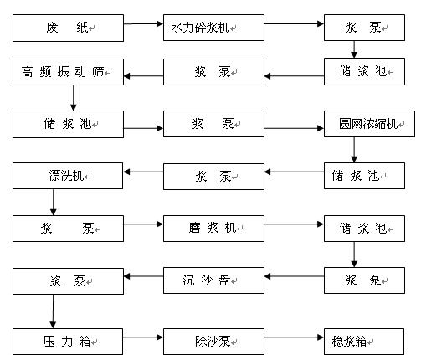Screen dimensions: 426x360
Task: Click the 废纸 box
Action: [68, 28]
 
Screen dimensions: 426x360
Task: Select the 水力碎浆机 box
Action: [213, 28]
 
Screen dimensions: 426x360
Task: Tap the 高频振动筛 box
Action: [68, 72]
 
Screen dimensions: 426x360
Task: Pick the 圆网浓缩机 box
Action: [369, 124]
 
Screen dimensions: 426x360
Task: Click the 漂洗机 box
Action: [68, 176]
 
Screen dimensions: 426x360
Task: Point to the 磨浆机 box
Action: [213, 229]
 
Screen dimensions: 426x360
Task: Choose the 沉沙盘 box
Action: [213, 280]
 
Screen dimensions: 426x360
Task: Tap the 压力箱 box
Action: [68, 342]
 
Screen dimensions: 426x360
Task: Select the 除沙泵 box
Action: [213, 342]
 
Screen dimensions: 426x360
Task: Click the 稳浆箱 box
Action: [364, 342]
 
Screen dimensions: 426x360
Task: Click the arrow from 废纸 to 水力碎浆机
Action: [143, 24]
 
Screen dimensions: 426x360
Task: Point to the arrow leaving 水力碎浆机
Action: [294, 24]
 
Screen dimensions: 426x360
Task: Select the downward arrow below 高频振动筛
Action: [74, 98]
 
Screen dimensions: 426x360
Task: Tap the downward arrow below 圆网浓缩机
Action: [354, 150]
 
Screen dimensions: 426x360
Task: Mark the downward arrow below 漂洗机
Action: [54, 202]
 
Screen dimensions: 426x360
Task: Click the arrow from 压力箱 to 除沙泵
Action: [143, 337]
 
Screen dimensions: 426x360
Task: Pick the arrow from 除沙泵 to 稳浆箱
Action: [294, 337]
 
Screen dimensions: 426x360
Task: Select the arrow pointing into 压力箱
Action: [53, 311]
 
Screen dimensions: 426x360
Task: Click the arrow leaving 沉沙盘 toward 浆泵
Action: [143, 276]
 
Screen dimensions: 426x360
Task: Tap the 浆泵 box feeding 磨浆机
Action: [68, 229]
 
